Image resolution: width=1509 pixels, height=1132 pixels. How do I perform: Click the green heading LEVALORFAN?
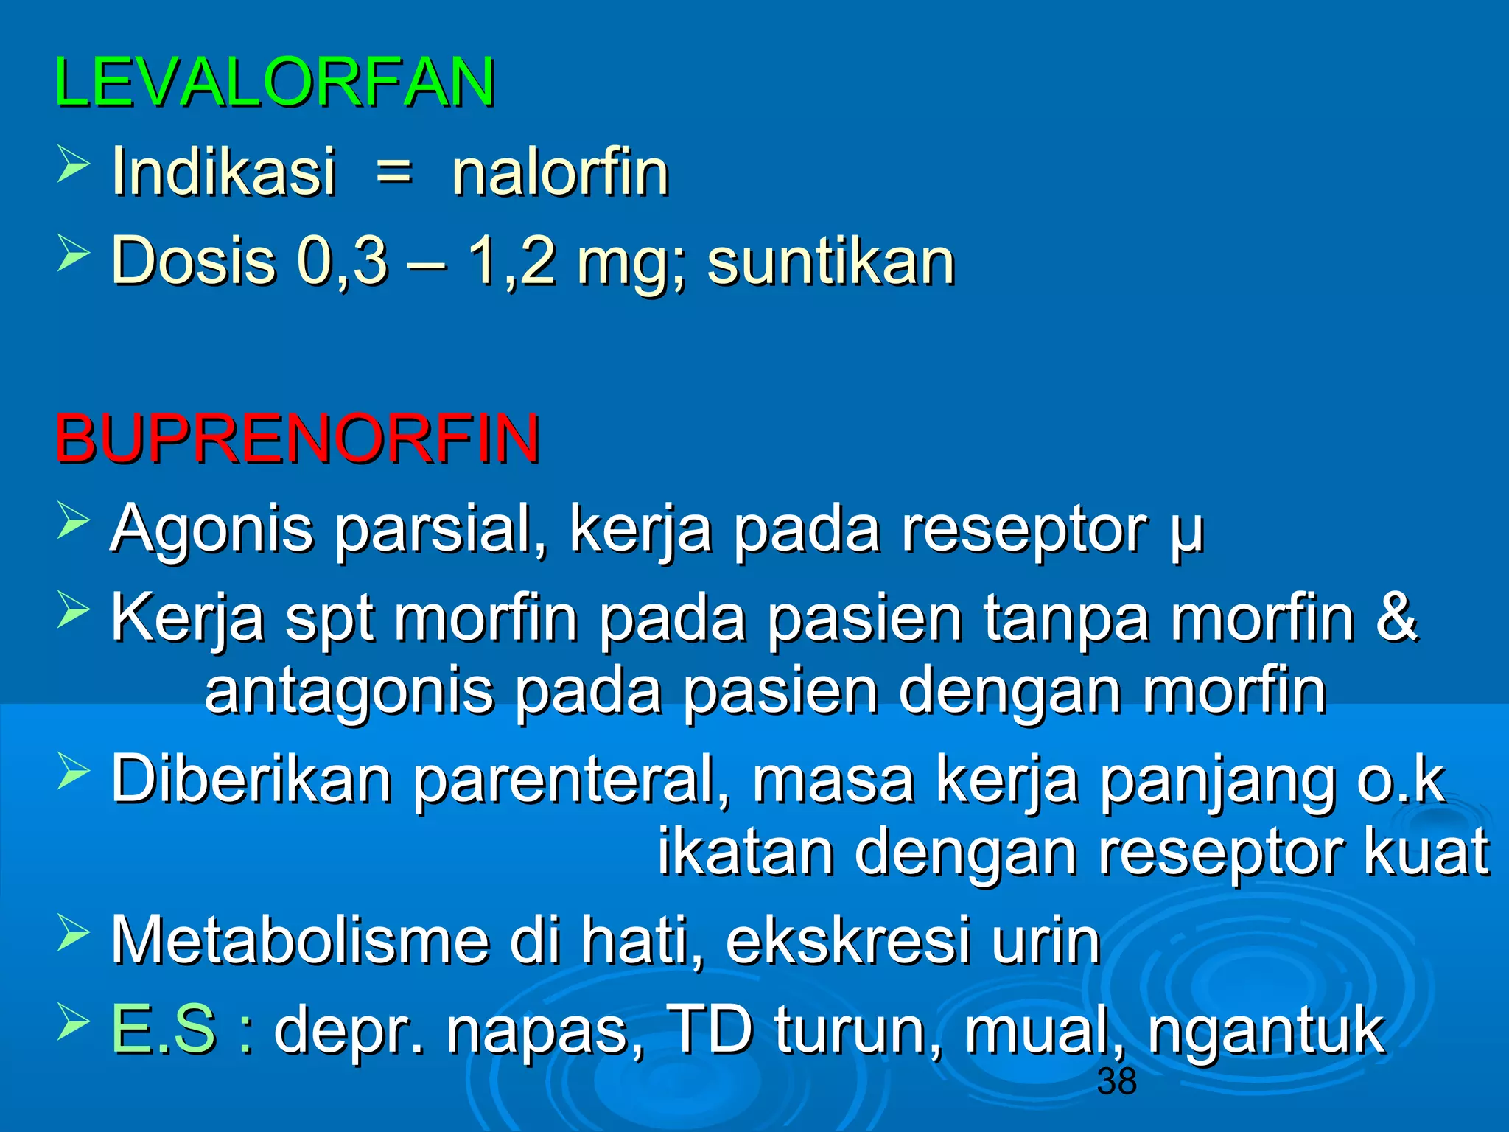click(275, 83)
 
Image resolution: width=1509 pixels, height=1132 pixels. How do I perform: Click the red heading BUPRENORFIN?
click(297, 439)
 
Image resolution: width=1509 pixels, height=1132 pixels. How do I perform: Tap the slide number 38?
click(1117, 1081)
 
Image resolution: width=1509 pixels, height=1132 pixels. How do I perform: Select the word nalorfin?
click(560, 172)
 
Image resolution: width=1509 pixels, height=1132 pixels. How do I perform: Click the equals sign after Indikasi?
click(394, 174)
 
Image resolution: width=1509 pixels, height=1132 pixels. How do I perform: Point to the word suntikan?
click(830, 262)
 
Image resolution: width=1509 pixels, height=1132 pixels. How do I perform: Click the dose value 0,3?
click(342, 262)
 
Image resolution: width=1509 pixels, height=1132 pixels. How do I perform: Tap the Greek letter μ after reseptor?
click(1186, 532)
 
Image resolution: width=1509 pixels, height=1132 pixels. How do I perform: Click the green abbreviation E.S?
click(164, 1030)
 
